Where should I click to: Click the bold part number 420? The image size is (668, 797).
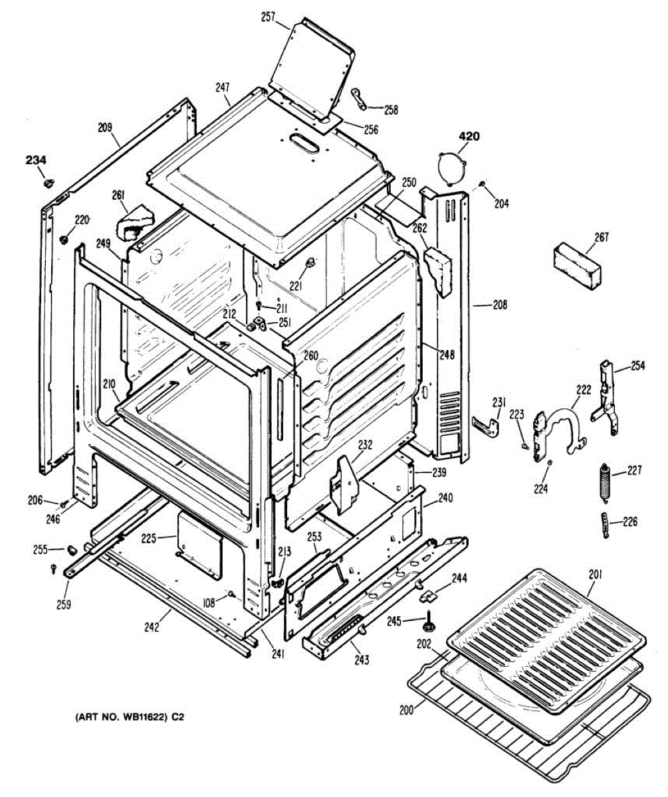point(469,137)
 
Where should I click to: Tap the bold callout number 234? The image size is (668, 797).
point(37,159)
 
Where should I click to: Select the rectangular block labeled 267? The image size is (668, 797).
point(576,264)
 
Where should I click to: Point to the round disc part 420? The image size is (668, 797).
point(451,166)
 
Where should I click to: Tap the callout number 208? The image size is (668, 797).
point(500,306)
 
